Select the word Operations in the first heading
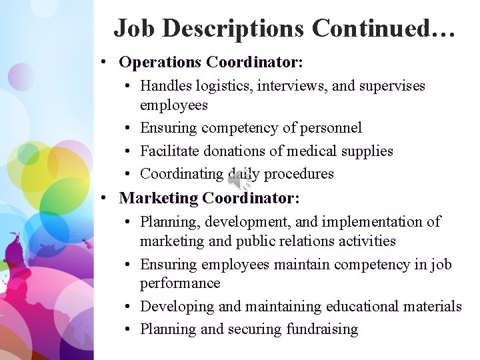(160, 62)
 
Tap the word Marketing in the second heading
(159, 198)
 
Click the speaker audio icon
(240, 179)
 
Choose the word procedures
(299, 174)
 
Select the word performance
(180, 283)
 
